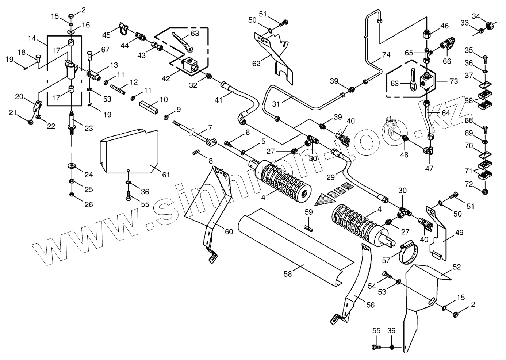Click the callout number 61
(x=166, y=175)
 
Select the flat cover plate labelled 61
(x=128, y=152)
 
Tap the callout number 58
(x=288, y=274)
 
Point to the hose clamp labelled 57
(x=408, y=253)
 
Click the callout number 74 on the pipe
(x=386, y=55)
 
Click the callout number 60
(x=229, y=231)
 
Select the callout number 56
(x=371, y=305)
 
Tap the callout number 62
(x=256, y=64)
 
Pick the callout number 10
(x=164, y=99)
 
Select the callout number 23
(x=88, y=128)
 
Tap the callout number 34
(x=486, y=16)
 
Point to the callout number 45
(x=106, y=35)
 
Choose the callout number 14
(x=32, y=37)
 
